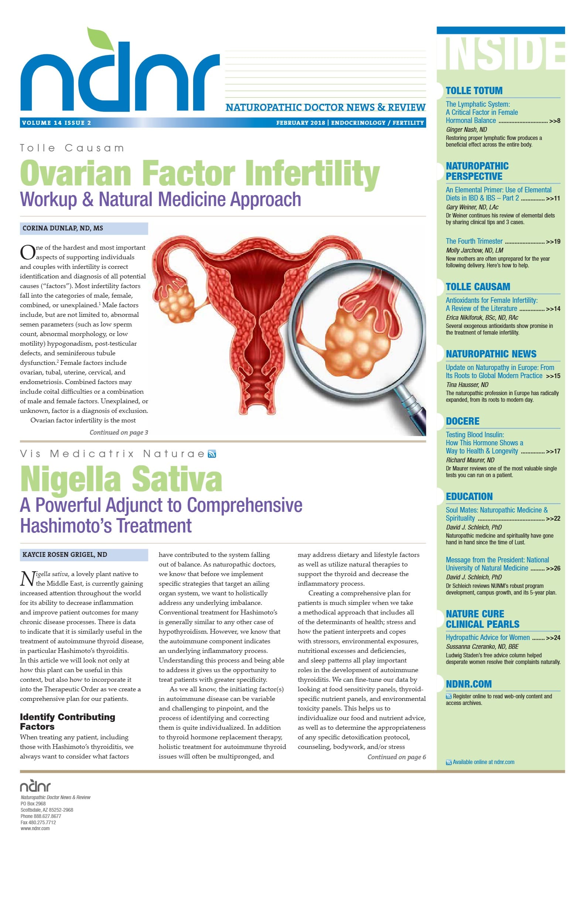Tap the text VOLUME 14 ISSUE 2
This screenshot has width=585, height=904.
tap(57, 123)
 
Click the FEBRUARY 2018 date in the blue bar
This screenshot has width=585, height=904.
tap(301, 123)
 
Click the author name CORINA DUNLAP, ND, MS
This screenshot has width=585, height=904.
tap(63, 228)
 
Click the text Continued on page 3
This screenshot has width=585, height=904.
tap(119, 432)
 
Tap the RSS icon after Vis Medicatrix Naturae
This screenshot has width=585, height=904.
tap(212, 454)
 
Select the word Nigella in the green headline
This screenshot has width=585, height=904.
tap(70, 480)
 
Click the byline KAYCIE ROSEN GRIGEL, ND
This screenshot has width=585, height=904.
tap(65, 555)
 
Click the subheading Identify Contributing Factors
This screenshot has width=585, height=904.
tap(67, 721)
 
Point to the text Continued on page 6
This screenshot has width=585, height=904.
tap(396, 757)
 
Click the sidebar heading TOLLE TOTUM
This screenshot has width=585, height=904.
tap(474, 91)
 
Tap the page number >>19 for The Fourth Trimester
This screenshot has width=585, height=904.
tap(553, 242)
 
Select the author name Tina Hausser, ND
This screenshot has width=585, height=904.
tap(467, 385)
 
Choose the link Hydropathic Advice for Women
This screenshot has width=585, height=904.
tap(487, 637)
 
